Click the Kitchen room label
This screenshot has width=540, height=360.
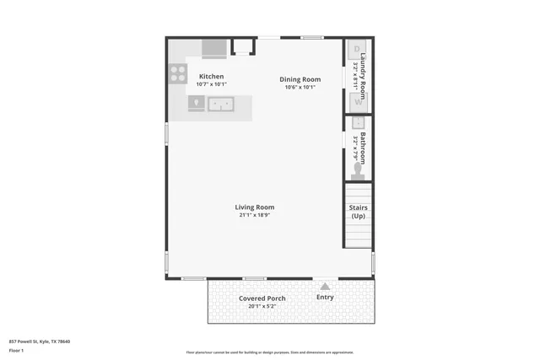(211, 77)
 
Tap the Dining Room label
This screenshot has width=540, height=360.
(300, 80)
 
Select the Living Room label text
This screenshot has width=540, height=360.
(254, 207)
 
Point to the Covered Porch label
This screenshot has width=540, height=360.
(262, 298)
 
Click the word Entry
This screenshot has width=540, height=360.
(325, 297)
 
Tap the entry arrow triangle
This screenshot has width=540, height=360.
(325, 286)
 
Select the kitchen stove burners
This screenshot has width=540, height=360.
(178, 73)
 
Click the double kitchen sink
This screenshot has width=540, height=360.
(221, 105)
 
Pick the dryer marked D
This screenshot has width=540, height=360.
(357, 49)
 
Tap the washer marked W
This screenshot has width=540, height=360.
(357, 102)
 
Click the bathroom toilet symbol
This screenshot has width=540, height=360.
(358, 171)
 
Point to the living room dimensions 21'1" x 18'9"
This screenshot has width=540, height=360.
(254, 216)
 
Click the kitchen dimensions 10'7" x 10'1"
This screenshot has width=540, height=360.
(211, 84)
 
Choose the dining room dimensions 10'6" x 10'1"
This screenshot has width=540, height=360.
(300, 88)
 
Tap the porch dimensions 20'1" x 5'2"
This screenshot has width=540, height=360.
(262, 306)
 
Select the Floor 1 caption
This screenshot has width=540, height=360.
(17, 350)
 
